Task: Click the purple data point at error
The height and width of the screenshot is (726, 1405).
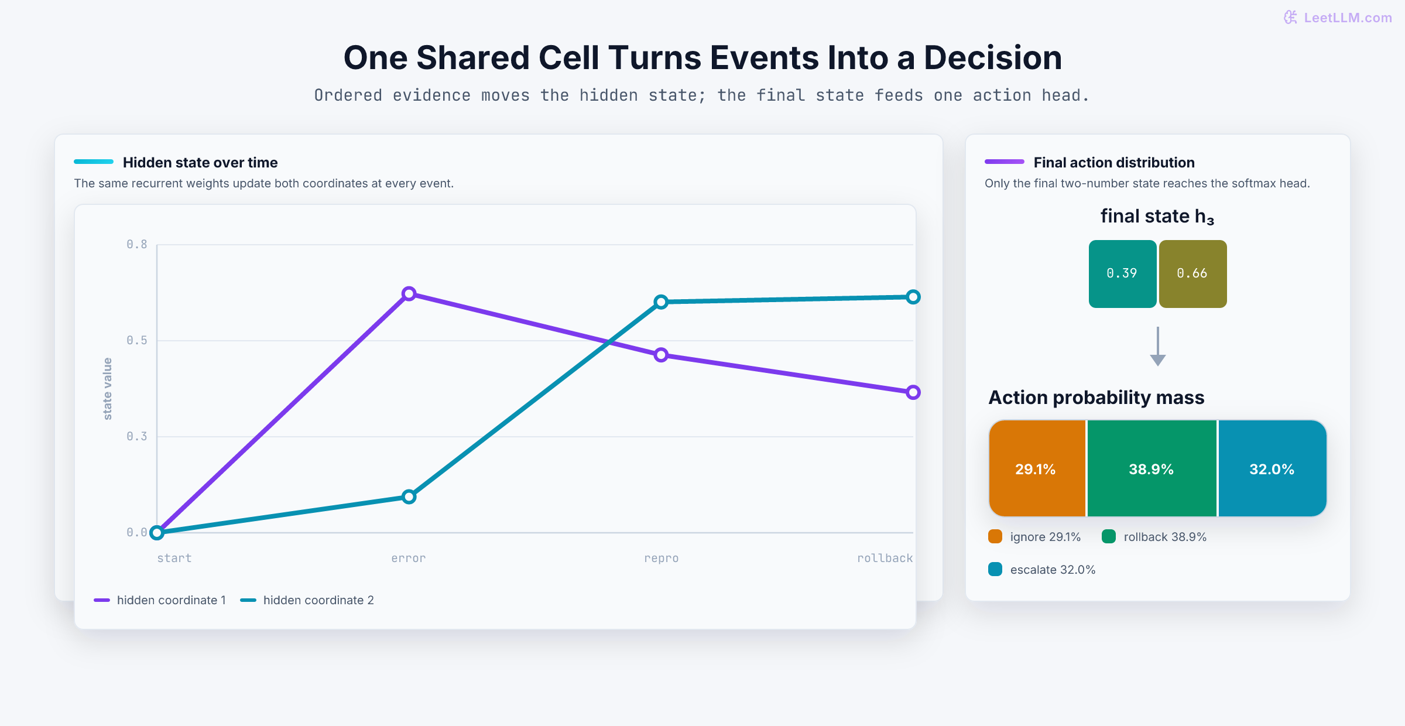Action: coord(409,293)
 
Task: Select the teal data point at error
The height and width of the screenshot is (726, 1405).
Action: coord(409,497)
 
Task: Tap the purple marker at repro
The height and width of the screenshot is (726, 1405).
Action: coord(661,355)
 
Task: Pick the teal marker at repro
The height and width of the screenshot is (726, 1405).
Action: coord(661,302)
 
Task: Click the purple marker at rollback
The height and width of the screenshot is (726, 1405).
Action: coord(913,392)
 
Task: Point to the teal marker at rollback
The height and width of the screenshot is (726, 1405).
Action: coord(913,297)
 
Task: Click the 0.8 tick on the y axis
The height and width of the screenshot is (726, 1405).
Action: coord(137,244)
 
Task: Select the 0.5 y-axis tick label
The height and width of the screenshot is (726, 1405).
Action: coord(137,340)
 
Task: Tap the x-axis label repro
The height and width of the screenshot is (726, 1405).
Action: coord(662,558)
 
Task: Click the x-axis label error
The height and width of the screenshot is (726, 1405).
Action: coord(409,558)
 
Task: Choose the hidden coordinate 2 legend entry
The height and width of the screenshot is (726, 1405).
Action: coord(307,600)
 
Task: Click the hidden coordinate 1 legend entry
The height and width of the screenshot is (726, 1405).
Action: coord(160,600)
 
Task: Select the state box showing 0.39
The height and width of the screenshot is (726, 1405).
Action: coord(1122,273)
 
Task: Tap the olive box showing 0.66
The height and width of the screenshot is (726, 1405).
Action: coord(1192,273)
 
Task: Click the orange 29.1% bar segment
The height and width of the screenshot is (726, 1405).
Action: coord(1037,468)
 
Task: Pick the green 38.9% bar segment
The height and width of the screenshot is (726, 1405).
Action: coord(1152,468)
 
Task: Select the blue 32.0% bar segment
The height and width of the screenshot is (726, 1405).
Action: coord(1272,468)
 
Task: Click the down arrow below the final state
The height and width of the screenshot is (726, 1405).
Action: coord(1157,347)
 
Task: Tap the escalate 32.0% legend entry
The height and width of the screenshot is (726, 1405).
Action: coord(1042,570)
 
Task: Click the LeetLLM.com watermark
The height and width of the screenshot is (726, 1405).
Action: coord(1338,18)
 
